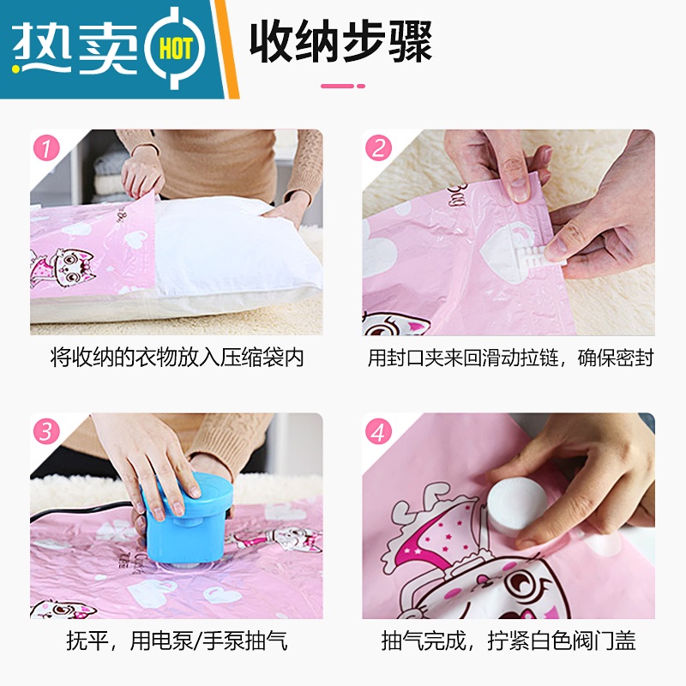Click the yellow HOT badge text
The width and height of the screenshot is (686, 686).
176,48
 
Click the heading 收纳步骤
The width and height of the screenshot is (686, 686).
340,42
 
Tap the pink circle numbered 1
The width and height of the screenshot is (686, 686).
46,147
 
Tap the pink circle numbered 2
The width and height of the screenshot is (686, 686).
378,147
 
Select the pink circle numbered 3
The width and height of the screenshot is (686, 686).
46,431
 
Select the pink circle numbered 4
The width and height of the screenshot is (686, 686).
378,431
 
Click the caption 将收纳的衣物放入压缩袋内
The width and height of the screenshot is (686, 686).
178,358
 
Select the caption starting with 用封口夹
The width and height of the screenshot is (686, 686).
510,358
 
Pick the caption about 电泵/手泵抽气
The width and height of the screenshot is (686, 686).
178,641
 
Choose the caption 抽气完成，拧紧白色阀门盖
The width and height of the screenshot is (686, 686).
508,641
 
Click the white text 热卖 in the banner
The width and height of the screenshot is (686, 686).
75,48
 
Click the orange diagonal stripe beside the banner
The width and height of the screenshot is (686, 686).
226,49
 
